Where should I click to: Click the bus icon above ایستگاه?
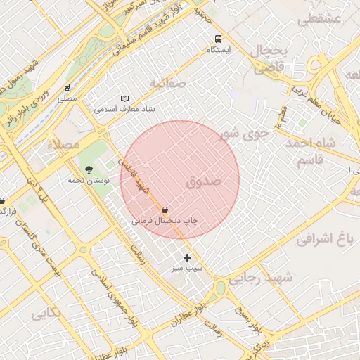[x=218, y=39]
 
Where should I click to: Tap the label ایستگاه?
[x=218, y=51]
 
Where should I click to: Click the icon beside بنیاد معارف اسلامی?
[x=125, y=98]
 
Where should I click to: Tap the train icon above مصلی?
[x=67, y=88]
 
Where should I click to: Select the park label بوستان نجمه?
[x=86, y=181]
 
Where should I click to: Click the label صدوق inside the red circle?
[x=205, y=181]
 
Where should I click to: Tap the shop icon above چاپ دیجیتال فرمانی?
[x=165, y=210]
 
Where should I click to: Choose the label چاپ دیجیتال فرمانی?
[x=165, y=221]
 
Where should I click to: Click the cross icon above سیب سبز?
[x=187, y=257]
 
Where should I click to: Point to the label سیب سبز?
[x=187, y=269]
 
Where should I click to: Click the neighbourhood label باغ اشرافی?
[x=323, y=240]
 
